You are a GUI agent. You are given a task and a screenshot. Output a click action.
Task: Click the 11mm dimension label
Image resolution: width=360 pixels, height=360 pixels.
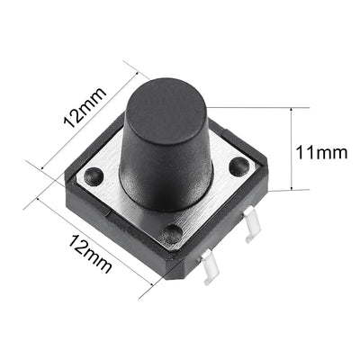320,152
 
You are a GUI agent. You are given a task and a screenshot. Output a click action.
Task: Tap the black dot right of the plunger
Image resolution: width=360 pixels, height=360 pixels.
238,166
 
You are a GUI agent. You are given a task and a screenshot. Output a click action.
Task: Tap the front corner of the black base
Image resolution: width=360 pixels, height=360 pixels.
167,278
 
